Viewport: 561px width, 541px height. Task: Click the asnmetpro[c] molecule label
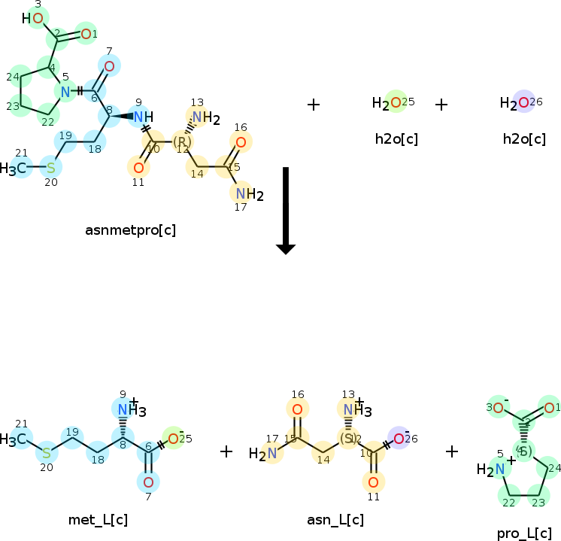131,229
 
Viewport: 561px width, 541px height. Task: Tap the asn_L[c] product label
335,520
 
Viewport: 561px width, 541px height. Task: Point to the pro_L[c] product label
520,533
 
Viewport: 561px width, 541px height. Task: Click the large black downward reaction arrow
286,211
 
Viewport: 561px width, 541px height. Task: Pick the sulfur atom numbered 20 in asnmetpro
50,167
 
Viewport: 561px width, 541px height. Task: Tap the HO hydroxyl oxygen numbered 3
37,17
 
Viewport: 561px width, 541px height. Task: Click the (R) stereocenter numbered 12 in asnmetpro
181,141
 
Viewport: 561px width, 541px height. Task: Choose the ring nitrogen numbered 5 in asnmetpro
65,92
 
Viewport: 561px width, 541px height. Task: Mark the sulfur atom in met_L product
46,453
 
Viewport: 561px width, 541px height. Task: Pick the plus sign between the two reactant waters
441,105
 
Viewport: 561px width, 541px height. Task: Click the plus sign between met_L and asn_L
226,451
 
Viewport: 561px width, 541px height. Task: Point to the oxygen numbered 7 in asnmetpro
109,67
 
